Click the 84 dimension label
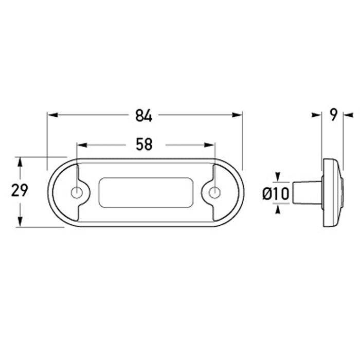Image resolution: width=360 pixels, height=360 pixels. click(x=143, y=116)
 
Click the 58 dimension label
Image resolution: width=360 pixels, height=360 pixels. click(x=144, y=145)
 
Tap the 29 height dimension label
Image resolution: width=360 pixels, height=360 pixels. click(x=20, y=190)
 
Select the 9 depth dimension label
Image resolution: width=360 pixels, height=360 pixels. click(x=333, y=115)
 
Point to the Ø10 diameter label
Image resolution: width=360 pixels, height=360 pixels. click(x=275, y=194)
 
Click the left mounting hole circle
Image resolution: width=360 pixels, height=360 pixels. click(x=77, y=192)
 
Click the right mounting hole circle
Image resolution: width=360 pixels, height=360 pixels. click(x=215, y=192)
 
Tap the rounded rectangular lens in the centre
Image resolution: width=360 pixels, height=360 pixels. click(x=146, y=193)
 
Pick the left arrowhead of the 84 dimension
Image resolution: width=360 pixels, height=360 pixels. click(x=53, y=115)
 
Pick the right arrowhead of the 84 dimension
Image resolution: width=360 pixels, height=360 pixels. click(x=237, y=115)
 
